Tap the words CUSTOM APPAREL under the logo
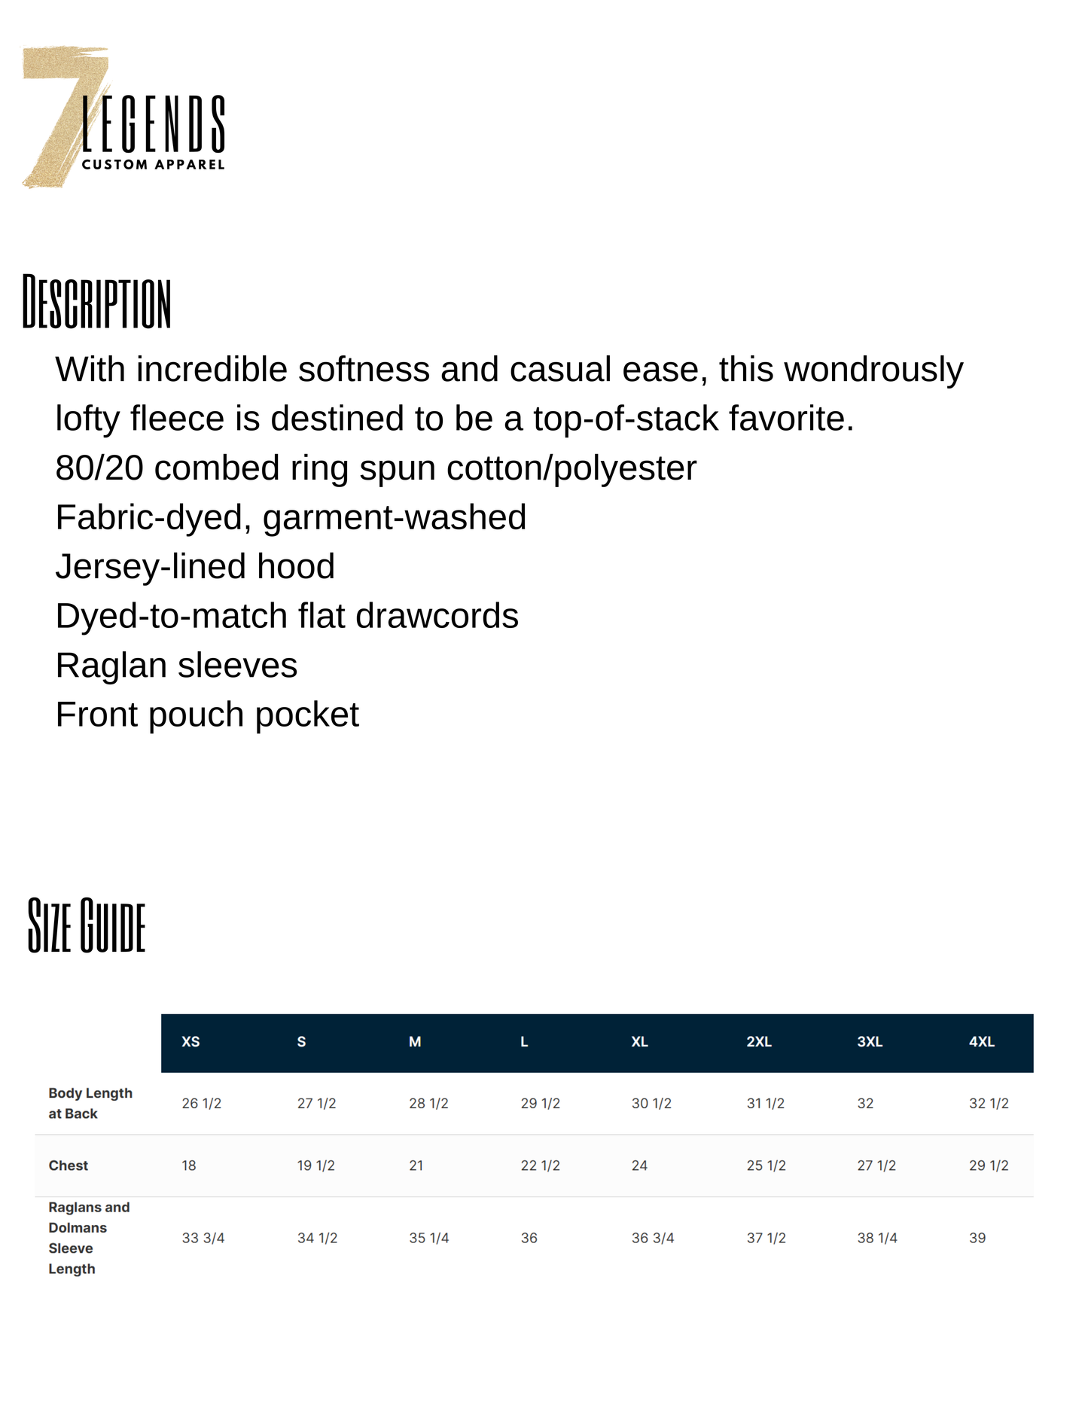coord(153,164)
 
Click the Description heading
coord(96,303)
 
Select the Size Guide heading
coord(86,925)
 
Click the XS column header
coord(190,1042)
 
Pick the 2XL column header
coord(759,1042)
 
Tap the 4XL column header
coord(981,1042)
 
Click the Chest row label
coord(69,1166)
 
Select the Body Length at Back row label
coord(90,1103)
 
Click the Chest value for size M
coord(416,1166)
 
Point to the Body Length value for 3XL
coord(865,1103)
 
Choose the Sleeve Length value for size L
coord(529,1238)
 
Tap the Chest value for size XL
coord(639,1166)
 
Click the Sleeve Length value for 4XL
coord(977,1238)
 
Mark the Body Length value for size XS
coord(202,1103)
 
